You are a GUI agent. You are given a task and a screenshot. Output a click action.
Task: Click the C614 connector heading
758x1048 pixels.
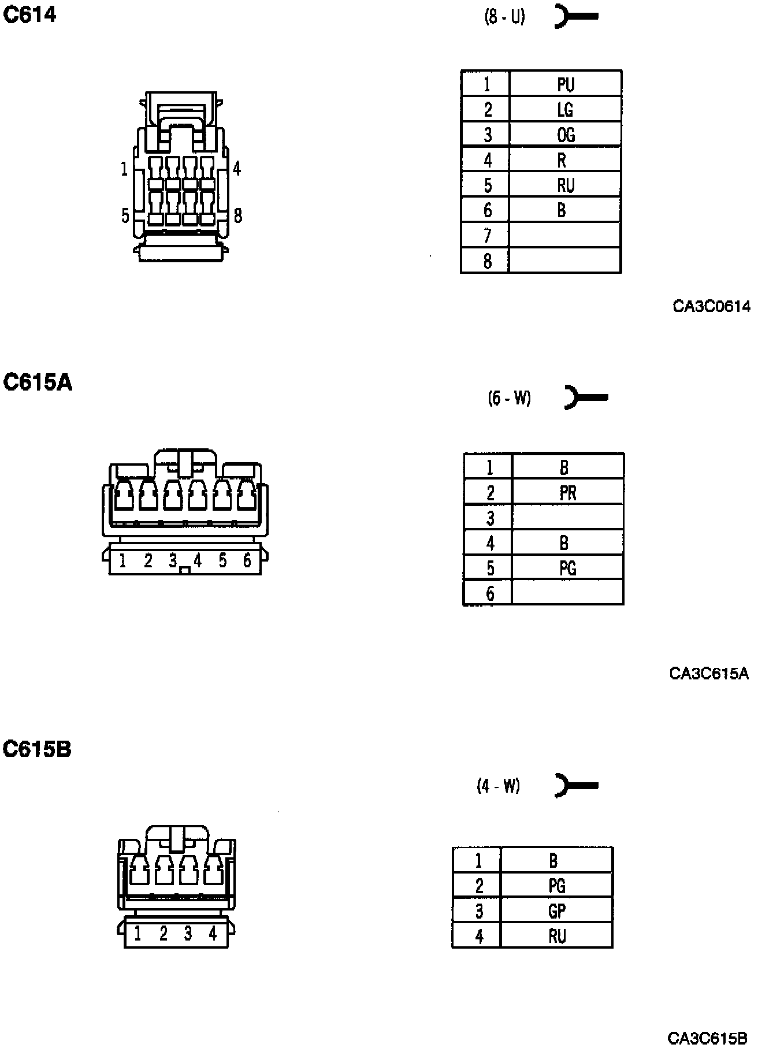30,14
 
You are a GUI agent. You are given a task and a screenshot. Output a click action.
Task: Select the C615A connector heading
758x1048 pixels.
38,382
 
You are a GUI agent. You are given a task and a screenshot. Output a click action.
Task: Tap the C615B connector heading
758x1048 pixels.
38,749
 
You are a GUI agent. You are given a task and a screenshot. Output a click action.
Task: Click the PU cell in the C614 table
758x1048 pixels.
565,84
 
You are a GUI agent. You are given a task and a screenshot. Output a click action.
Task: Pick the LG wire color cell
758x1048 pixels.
565,109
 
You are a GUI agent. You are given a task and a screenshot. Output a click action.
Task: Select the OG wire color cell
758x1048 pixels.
565,135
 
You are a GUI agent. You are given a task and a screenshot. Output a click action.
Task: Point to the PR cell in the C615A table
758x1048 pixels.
567,493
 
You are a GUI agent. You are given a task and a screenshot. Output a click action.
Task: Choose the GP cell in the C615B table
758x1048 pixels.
556,911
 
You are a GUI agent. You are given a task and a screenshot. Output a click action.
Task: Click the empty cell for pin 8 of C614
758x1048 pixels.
565,261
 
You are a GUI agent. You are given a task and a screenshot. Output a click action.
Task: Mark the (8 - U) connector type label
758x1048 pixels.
504,17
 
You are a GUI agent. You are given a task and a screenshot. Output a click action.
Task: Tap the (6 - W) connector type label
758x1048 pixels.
509,398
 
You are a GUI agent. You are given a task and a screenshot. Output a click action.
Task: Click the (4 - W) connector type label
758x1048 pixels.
498,786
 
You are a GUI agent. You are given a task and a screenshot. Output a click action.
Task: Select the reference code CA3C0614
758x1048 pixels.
711,306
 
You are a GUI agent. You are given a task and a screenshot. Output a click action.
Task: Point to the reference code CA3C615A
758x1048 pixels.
709,673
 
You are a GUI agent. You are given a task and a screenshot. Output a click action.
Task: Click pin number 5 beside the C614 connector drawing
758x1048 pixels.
125,216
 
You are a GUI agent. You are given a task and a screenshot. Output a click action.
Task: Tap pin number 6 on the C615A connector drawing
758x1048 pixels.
247,560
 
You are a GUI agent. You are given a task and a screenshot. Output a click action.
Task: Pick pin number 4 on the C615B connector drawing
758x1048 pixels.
213,933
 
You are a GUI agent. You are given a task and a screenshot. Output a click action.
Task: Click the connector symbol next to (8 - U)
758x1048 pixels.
575,16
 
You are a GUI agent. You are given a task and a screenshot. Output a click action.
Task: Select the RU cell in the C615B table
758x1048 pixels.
556,936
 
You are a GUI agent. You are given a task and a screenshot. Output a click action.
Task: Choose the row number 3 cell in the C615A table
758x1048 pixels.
490,518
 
